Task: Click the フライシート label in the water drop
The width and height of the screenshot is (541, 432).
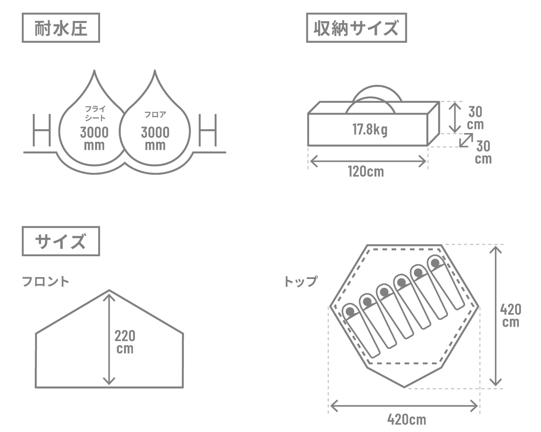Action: click(x=95, y=113)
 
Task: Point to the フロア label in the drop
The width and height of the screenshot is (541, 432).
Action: click(x=155, y=114)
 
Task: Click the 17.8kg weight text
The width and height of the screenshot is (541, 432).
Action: click(x=370, y=130)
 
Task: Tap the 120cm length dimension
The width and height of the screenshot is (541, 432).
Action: click(x=366, y=172)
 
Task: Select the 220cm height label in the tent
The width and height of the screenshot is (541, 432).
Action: click(x=125, y=342)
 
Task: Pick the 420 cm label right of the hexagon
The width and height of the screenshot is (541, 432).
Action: click(x=510, y=316)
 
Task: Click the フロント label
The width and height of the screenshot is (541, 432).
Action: click(x=45, y=281)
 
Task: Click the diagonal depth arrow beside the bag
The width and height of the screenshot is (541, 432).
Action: click(x=466, y=140)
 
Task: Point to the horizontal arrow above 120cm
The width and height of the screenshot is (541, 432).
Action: click(x=368, y=161)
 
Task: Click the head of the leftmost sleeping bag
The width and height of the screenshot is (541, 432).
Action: click(x=350, y=312)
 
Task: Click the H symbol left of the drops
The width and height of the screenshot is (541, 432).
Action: click(x=42, y=130)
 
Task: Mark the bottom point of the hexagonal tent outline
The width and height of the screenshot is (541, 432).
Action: click(x=404, y=387)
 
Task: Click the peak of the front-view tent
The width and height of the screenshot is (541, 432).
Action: click(x=109, y=290)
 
